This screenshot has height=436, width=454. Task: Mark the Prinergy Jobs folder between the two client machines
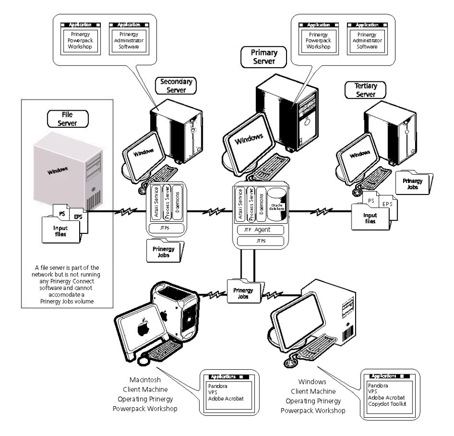[245, 292]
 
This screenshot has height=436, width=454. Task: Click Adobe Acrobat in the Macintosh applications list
[225, 398]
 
